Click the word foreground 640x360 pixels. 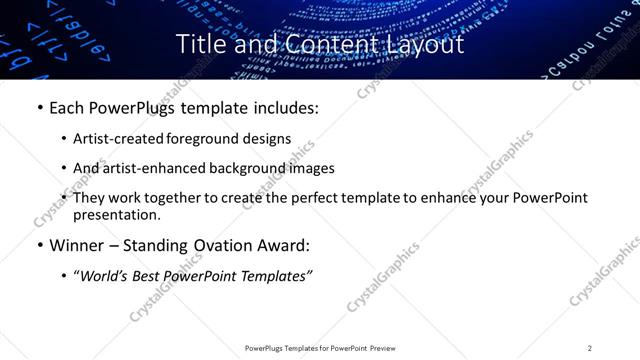(x=211, y=138)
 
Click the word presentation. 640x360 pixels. (x=117, y=214)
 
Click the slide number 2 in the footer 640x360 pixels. (x=590, y=348)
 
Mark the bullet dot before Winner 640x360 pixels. (x=39, y=246)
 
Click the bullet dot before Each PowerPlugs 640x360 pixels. (x=39, y=107)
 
